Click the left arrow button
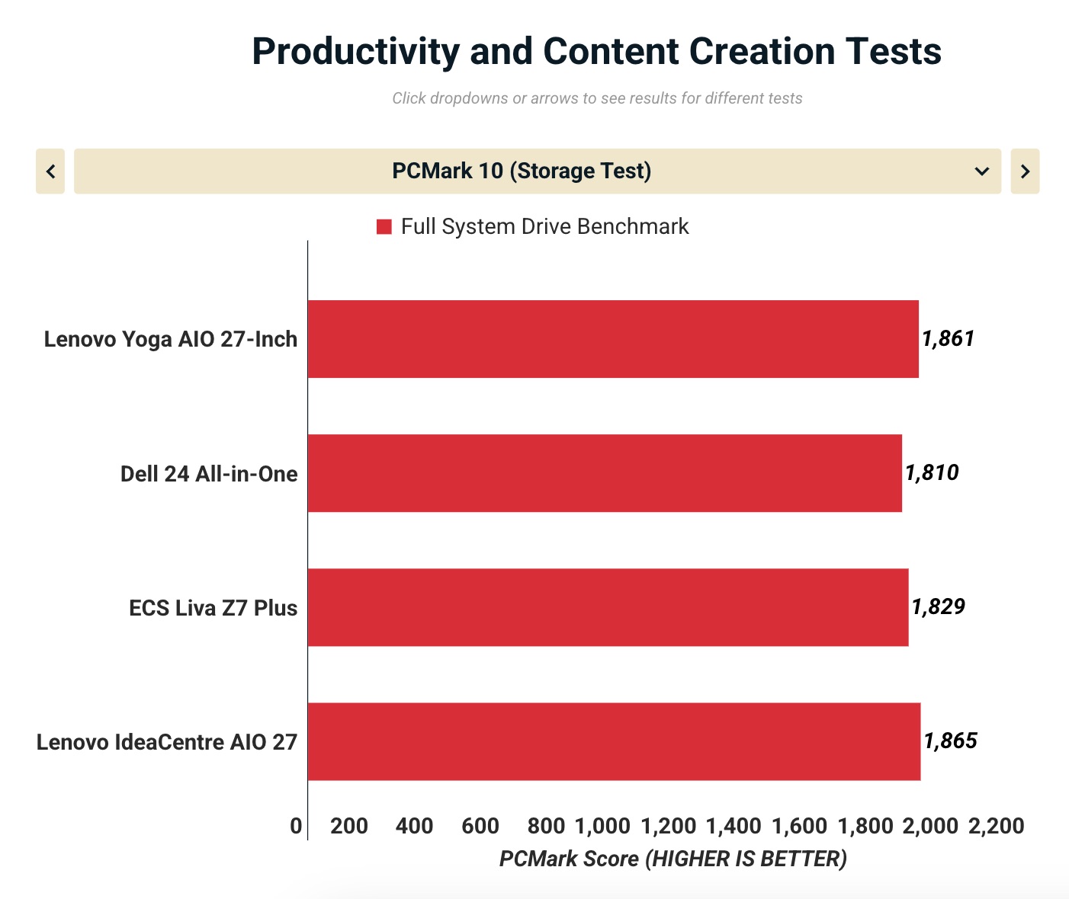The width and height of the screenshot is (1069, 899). [50, 171]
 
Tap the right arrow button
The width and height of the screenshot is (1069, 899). [1025, 171]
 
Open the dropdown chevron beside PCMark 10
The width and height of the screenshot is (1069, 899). [981, 171]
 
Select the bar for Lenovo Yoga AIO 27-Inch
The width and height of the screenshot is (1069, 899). [613, 339]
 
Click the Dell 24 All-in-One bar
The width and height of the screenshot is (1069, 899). [605, 473]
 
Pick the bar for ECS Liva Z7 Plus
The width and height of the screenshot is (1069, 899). [608, 607]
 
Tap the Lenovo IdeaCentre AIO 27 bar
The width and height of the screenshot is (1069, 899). [614, 741]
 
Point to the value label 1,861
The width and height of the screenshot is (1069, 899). [948, 338]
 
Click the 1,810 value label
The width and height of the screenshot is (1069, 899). [932, 472]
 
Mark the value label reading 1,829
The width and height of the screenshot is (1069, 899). [938, 606]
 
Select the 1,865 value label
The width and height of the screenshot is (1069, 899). [950, 741]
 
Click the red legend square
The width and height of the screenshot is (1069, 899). [384, 227]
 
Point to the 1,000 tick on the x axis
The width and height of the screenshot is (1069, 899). [602, 826]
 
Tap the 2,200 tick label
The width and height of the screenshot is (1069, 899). [996, 826]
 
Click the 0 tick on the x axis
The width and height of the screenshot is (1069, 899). [296, 826]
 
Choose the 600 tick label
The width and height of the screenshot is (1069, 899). [480, 826]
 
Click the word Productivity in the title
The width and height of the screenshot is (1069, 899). [355, 52]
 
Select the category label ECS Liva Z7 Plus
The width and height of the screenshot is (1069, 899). [213, 608]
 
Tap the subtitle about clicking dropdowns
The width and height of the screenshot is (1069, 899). [597, 98]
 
